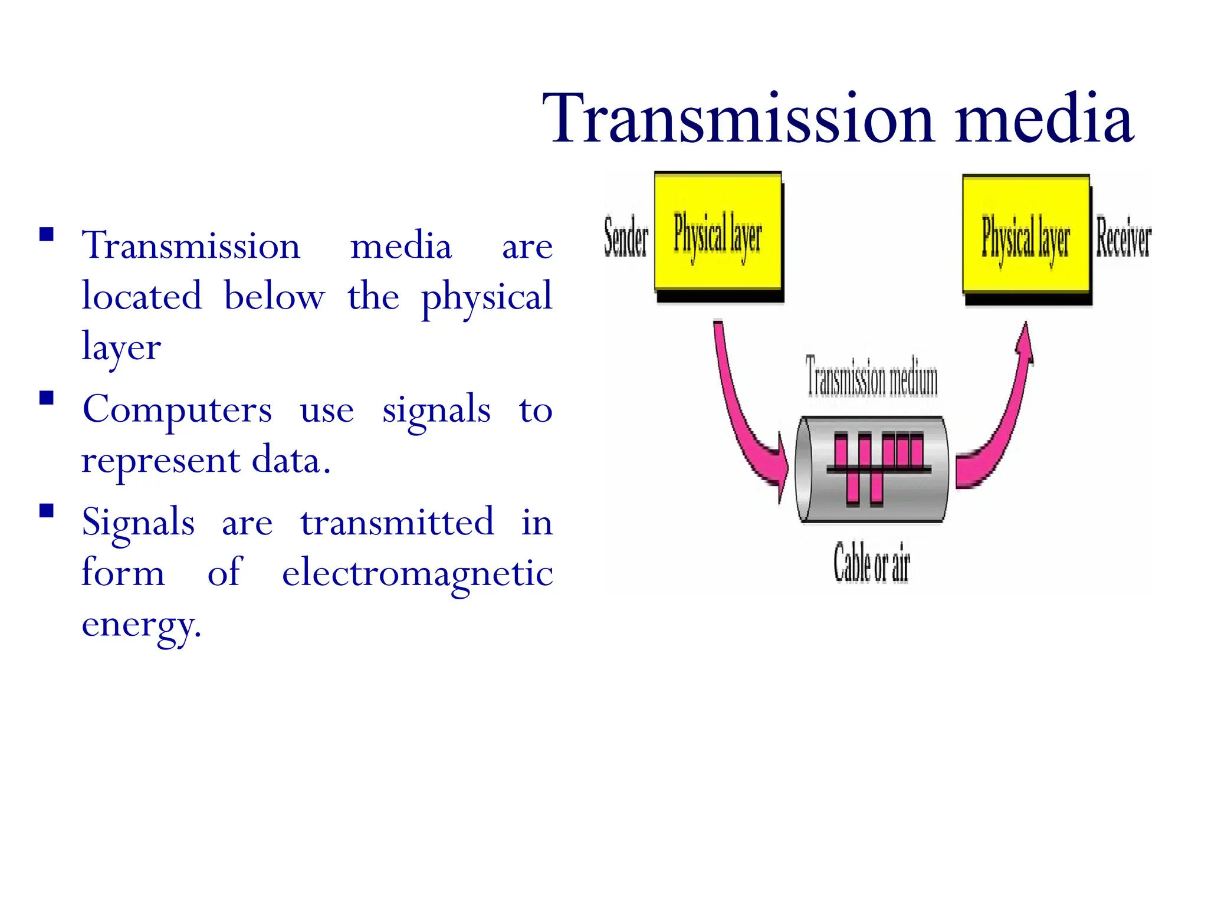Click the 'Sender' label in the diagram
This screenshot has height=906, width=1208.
(626, 238)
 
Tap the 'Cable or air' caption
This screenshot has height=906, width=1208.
(872, 563)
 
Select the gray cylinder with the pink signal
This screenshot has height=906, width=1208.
(872, 470)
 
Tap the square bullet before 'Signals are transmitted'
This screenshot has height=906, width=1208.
(47, 510)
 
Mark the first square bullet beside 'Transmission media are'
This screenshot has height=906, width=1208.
(47, 235)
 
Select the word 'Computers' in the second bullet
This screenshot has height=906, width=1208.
(177, 409)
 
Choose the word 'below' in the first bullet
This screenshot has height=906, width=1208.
(274, 297)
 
